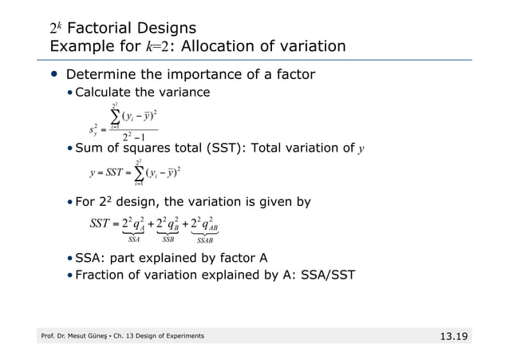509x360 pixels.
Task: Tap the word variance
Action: pyautogui.click(x=182, y=93)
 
